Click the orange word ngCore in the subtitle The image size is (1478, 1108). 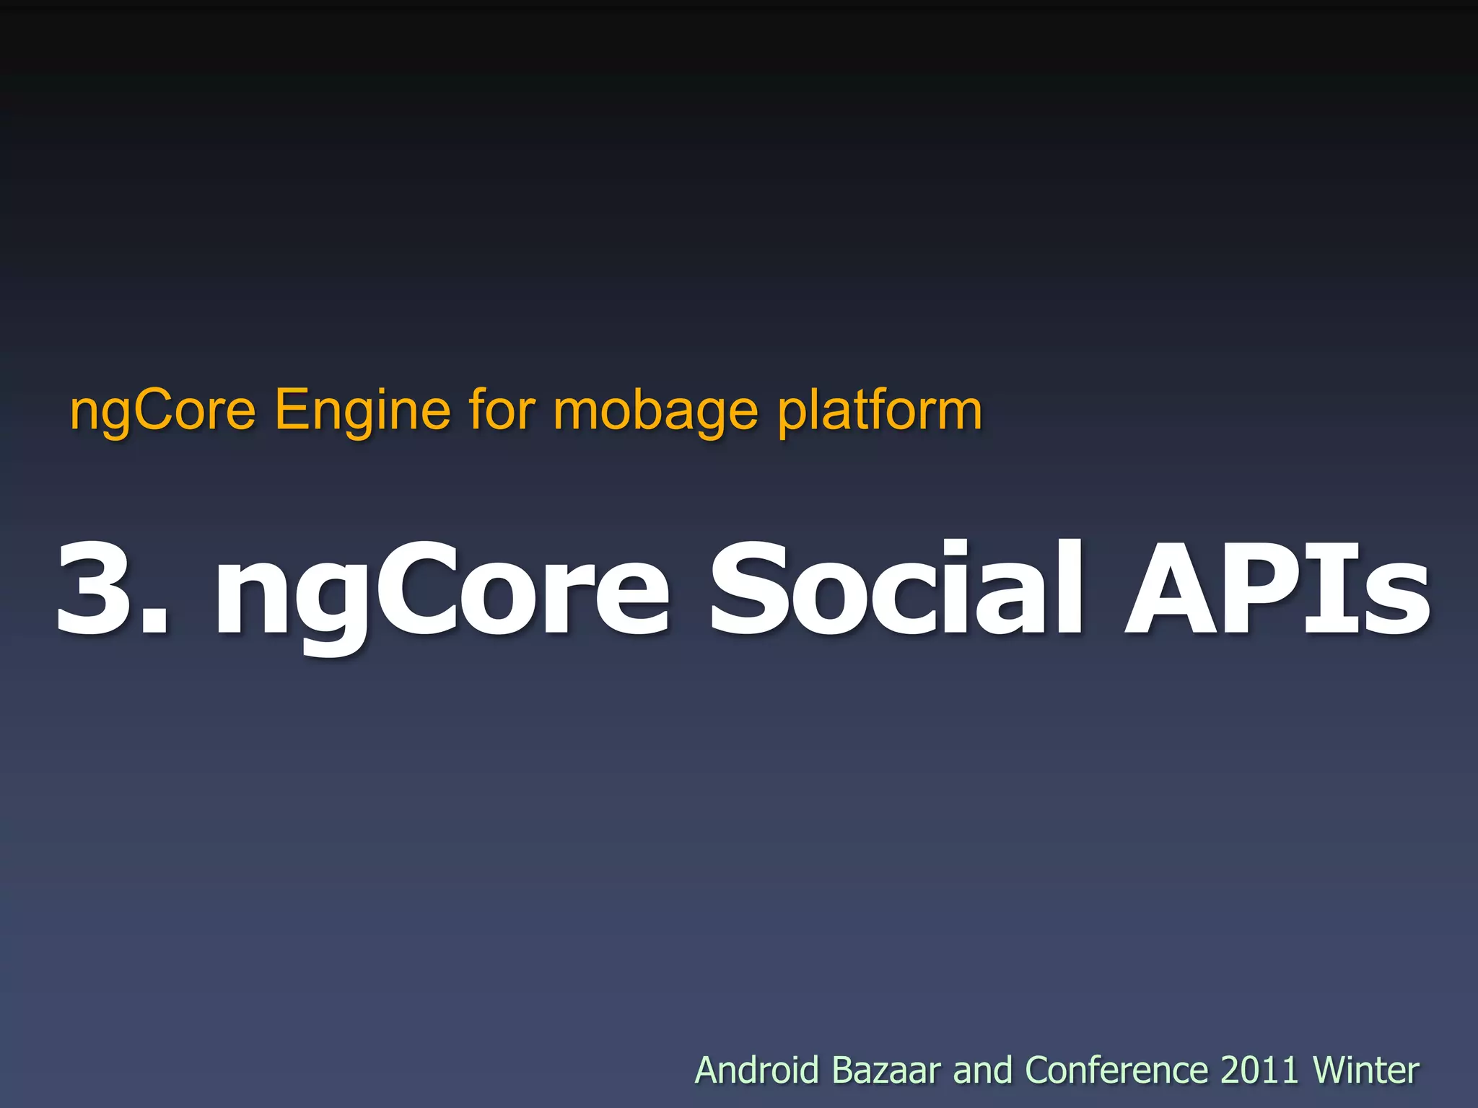(x=163, y=410)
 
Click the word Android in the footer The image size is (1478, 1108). (x=756, y=1070)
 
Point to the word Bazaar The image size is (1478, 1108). (x=886, y=1070)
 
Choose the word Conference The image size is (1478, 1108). (x=1116, y=1070)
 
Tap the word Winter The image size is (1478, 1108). (x=1365, y=1070)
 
